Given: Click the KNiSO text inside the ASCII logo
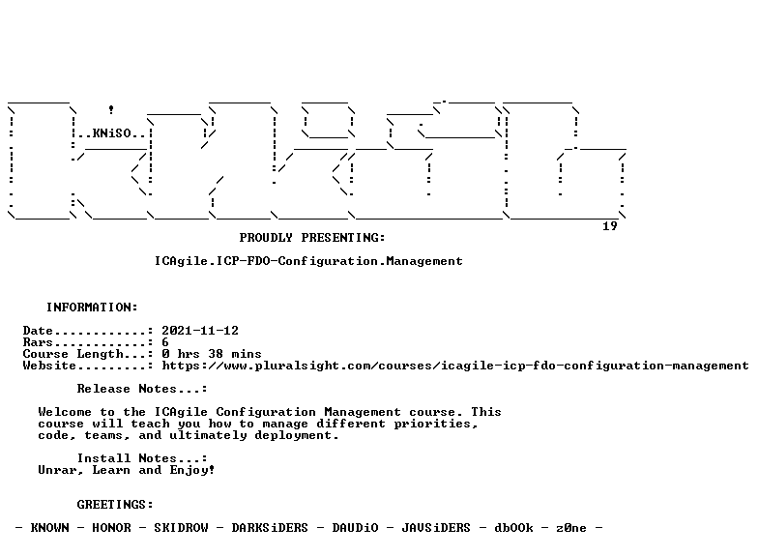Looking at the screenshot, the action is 112,133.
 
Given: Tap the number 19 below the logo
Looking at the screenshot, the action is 610,226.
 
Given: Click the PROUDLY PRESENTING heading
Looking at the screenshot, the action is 312,238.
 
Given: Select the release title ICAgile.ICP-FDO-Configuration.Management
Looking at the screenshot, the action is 308,261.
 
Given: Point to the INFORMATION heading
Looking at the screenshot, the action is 92,308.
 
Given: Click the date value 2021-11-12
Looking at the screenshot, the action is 200,331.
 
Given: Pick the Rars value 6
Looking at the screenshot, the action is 165,342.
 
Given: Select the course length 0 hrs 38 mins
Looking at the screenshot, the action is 212,354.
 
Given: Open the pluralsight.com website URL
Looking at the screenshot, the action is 455,366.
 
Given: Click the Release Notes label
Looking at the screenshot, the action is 142,389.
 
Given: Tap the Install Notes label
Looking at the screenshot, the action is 142,458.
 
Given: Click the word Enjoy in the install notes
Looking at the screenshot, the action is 191,470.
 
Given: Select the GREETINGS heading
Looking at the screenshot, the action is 115,505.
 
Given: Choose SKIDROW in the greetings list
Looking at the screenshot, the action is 182,528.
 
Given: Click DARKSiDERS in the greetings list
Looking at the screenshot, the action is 270,528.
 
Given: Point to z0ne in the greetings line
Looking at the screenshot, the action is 571,528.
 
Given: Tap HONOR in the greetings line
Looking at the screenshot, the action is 112,528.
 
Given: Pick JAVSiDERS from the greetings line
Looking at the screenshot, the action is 436,528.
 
